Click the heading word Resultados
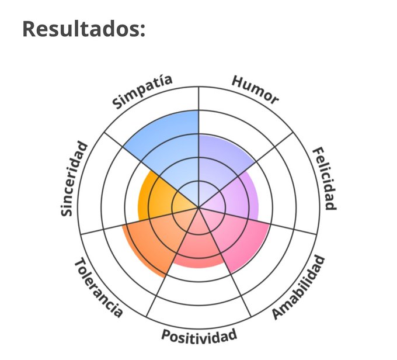[x=83, y=29]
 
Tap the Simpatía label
[x=142, y=92]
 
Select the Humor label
[x=255, y=89]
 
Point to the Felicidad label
[x=323, y=179]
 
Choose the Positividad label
[x=199, y=335]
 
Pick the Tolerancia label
[x=99, y=288]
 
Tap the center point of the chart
[x=199, y=207]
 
